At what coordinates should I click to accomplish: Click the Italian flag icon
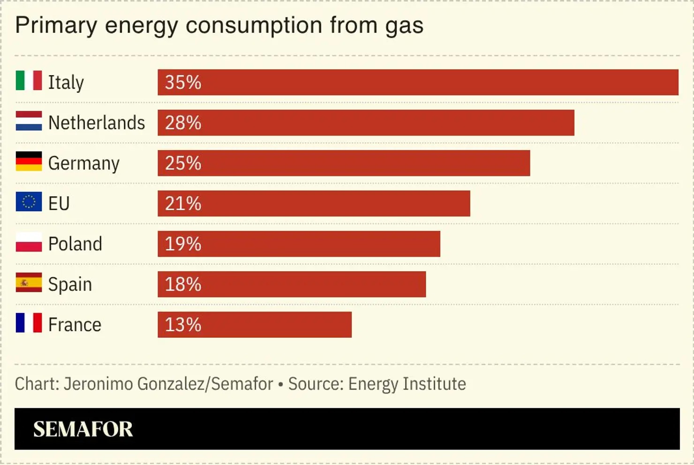click(29, 80)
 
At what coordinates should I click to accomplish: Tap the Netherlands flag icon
click(29, 121)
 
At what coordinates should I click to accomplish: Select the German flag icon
click(29, 161)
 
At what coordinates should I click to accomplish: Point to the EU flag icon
click(29, 201)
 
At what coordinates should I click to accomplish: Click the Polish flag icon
click(29, 242)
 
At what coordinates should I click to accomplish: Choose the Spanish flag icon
click(29, 282)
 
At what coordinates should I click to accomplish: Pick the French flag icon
click(29, 323)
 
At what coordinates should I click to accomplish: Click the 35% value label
click(183, 83)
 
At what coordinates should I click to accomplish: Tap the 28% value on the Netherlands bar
click(183, 123)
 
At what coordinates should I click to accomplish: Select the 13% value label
click(183, 325)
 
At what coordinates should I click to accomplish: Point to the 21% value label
click(183, 204)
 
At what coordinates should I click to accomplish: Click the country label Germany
click(83, 163)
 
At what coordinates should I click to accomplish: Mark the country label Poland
click(75, 244)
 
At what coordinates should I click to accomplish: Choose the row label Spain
click(70, 284)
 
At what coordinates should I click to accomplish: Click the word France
click(75, 325)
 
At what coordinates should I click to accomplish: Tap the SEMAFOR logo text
click(83, 429)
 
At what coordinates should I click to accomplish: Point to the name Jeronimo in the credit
click(98, 384)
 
